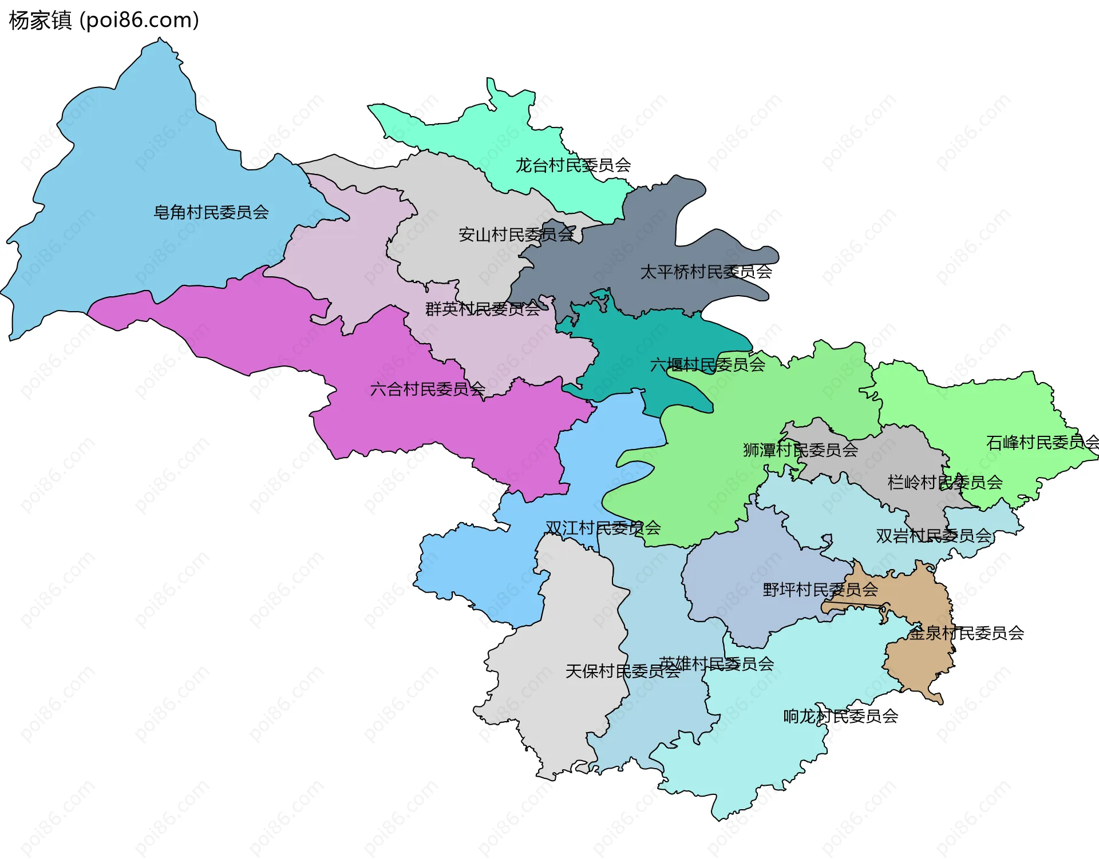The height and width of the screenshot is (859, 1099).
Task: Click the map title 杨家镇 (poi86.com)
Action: (104, 20)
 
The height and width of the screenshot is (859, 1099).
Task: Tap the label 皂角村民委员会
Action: (211, 213)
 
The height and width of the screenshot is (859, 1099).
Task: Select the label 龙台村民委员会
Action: (573, 166)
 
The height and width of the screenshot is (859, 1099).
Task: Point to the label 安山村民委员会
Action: (516, 235)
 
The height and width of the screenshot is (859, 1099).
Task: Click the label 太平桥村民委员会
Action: (706, 272)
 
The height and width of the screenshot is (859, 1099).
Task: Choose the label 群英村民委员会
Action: (483, 309)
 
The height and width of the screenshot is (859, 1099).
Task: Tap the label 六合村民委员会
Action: (428, 390)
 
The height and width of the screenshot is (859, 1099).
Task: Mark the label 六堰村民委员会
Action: (707, 365)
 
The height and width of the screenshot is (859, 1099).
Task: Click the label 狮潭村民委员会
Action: (800, 451)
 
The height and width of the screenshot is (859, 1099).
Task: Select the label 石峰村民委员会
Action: (1042, 443)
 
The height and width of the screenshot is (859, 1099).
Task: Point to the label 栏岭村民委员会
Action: (945, 483)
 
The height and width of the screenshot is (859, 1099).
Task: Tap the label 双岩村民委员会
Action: (934, 536)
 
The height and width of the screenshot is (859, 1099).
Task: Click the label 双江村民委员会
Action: (603, 528)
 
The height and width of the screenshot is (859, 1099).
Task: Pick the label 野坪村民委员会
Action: (820, 590)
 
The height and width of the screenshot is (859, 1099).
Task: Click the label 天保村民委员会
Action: (622, 671)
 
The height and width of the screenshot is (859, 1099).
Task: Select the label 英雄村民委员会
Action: (716, 664)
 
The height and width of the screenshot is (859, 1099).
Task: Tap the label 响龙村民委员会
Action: (840, 717)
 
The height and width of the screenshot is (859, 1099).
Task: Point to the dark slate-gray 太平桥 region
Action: (647, 240)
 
